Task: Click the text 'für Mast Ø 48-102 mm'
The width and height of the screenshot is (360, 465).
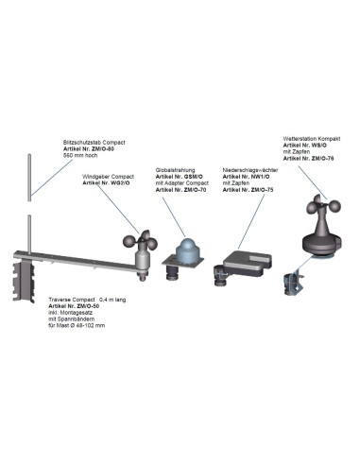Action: pyautogui.click(x=77, y=327)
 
